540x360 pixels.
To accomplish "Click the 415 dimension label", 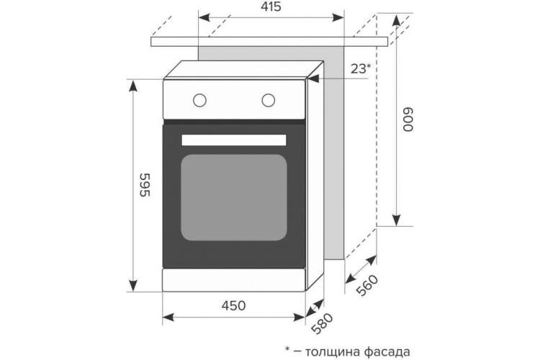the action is point(271,6).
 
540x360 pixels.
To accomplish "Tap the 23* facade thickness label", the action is point(361,69).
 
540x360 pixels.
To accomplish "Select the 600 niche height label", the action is point(408,120).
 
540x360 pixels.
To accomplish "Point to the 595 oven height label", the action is point(145,184).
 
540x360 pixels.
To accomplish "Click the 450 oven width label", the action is point(233,305).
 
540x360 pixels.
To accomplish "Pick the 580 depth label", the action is point(322,323).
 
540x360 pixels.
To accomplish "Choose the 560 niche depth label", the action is point(367,285).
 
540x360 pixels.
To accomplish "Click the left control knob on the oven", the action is point(199,100).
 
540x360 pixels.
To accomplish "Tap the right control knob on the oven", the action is point(269,100).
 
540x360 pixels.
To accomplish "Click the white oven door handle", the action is point(234,140).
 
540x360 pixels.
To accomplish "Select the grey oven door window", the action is point(234,197).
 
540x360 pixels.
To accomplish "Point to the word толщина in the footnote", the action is point(333,352).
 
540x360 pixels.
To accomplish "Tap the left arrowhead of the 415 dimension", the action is point(204,17).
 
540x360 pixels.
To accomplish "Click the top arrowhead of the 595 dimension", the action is point(133,86).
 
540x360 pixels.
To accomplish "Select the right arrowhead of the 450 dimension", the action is point(300,317).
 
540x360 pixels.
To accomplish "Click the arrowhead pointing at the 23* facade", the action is point(313,79).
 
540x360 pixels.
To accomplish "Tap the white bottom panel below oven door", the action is point(234,280).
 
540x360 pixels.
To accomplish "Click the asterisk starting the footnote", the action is point(287,349).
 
